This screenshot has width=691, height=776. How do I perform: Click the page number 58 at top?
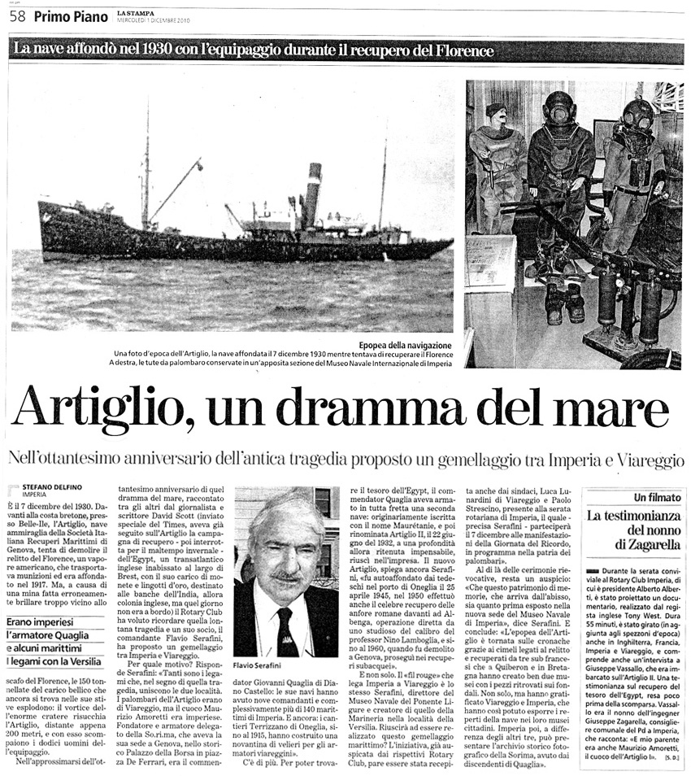pos(17,15)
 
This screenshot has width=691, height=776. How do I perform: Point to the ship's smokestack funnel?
pos(311,195)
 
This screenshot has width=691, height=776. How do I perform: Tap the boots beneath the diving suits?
pos(563,303)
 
